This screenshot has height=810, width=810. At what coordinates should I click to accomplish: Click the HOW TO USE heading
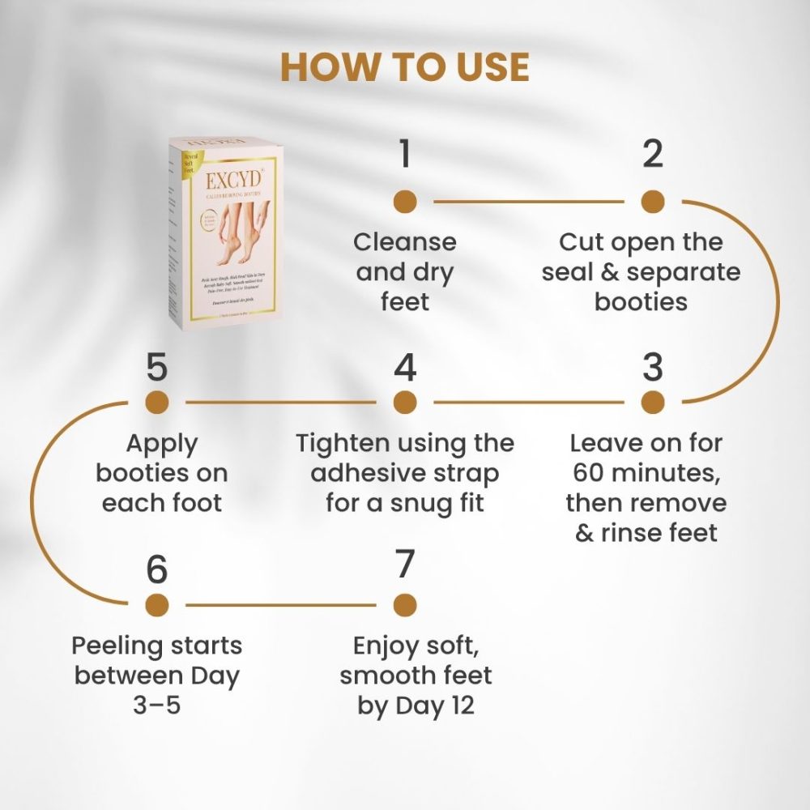click(x=404, y=68)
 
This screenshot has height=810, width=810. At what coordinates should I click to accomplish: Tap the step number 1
click(x=404, y=154)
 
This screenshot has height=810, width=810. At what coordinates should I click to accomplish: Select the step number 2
click(x=652, y=154)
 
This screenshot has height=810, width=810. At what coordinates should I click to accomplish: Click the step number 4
click(x=404, y=368)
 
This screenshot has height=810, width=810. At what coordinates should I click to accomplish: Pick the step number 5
click(x=156, y=368)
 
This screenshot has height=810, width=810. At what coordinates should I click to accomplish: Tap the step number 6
click(x=156, y=570)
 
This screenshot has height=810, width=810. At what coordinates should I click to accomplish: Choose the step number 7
click(x=404, y=565)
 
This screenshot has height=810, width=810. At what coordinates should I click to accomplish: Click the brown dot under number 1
click(x=404, y=202)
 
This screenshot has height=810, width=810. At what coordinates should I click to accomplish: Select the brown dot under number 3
click(x=653, y=402)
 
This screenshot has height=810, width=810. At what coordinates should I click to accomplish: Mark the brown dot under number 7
click(x=404, y=604)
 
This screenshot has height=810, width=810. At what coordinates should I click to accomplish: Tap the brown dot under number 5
click(x=156, y=402)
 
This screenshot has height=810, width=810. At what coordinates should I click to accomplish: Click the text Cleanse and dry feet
click(x=404, y=272)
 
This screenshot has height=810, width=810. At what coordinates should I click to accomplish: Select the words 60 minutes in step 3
click(x=646, y=473)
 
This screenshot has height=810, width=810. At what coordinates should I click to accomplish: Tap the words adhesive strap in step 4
click(x=404, y=473)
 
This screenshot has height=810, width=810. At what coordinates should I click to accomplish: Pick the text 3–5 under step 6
click(x=156, y=706)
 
